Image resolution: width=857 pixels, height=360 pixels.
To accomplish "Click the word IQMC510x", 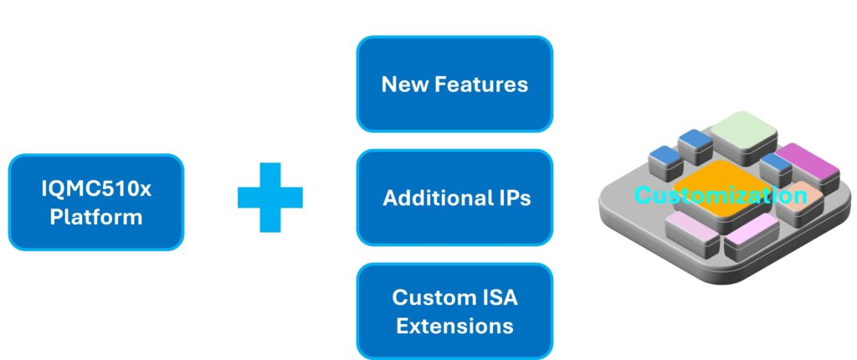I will [95, 189].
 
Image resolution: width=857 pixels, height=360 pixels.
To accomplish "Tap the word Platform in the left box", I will [95, 217].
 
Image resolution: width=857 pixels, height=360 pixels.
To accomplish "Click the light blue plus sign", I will [269, 197].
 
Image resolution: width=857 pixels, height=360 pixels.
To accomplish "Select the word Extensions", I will [454, 324].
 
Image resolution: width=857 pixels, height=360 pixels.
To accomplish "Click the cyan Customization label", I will [721, 196].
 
